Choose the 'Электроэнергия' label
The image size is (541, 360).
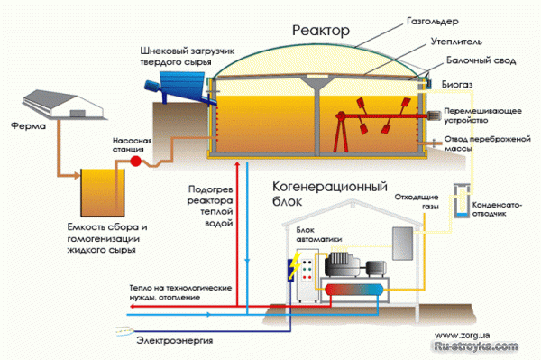coord(168,339)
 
